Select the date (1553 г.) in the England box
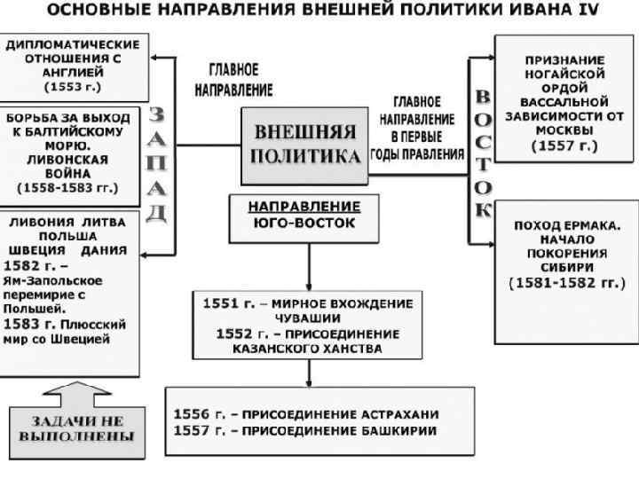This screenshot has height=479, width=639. pos(73,87)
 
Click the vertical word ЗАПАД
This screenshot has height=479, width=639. pos(156,165)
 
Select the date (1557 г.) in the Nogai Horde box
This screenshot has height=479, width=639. pos(564,145)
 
